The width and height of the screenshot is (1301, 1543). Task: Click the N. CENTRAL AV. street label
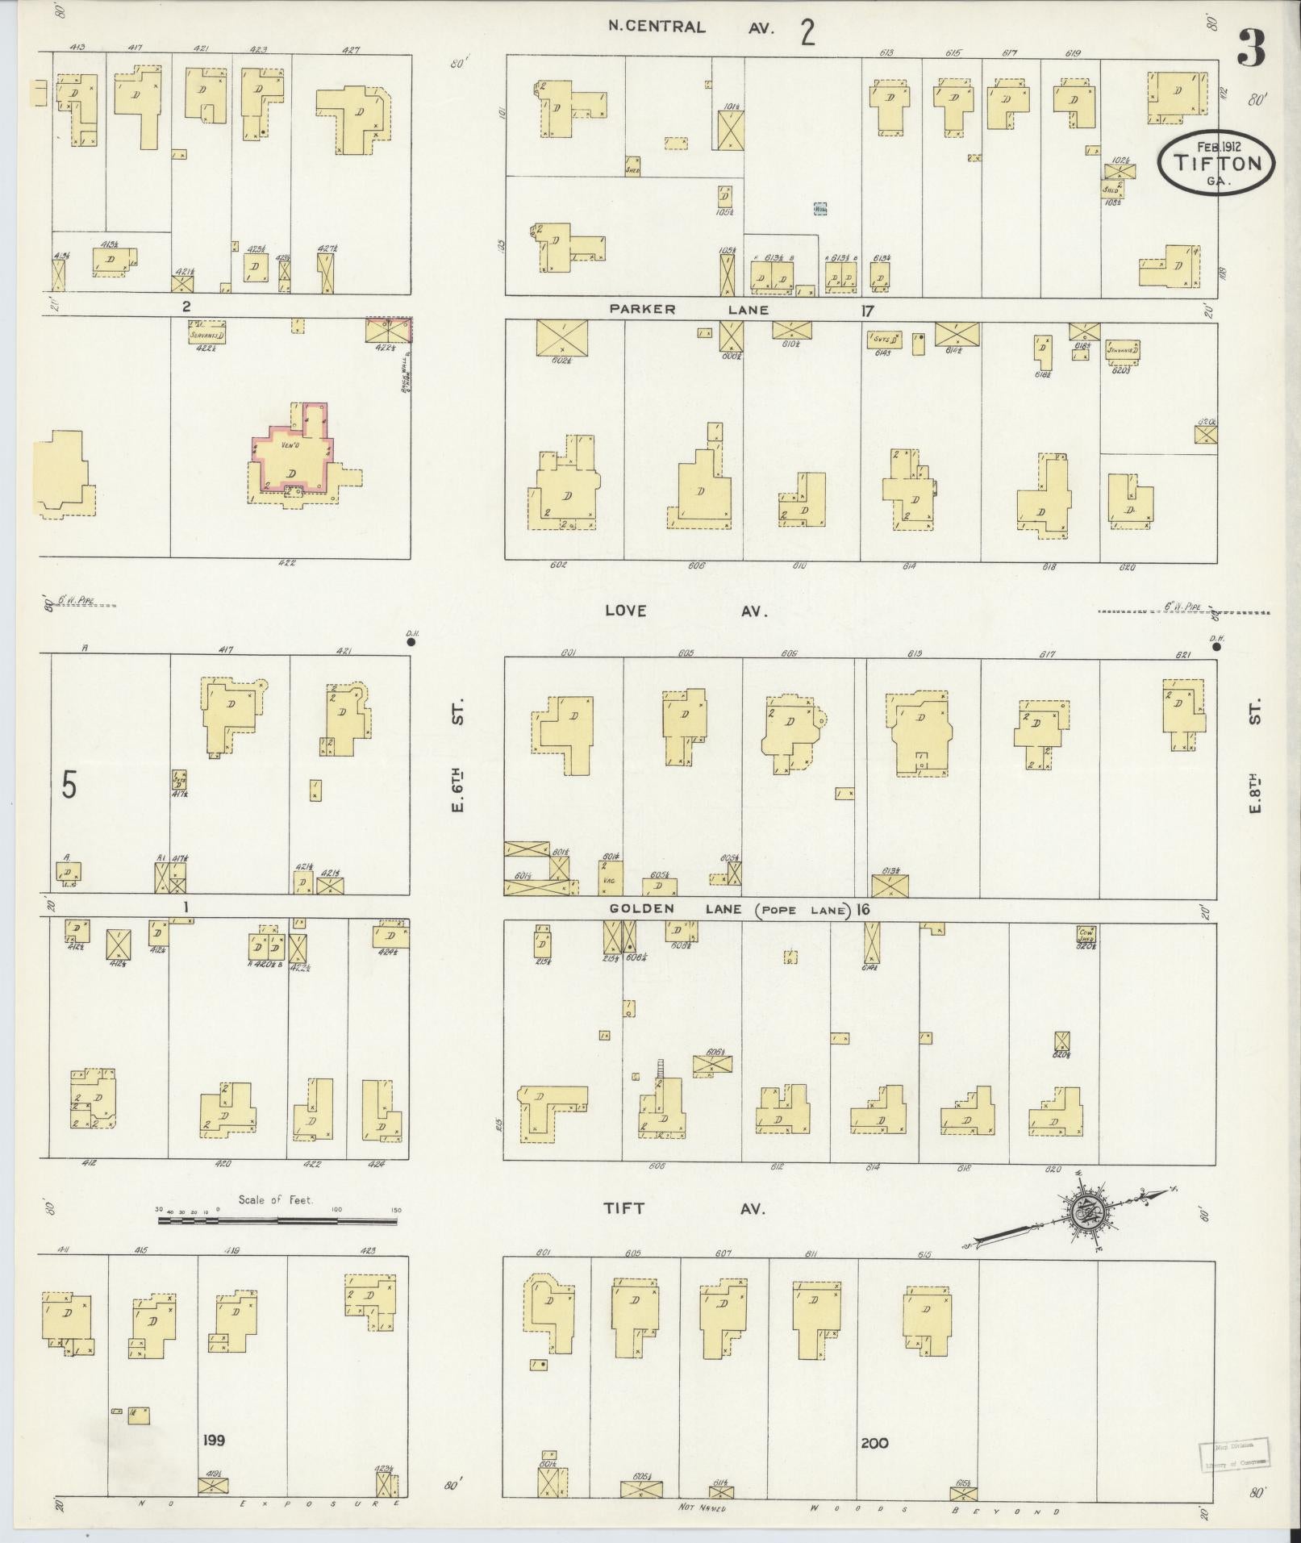click(690, 27)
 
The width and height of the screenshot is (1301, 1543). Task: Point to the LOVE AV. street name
click(686, 611)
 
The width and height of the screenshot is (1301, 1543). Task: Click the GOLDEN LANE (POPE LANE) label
click(730, 909)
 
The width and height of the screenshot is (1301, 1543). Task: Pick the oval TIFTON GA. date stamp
click(1217, 163)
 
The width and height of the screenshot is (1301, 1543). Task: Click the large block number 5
click(69, 785)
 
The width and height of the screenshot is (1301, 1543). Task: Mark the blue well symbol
click(820, 209)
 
